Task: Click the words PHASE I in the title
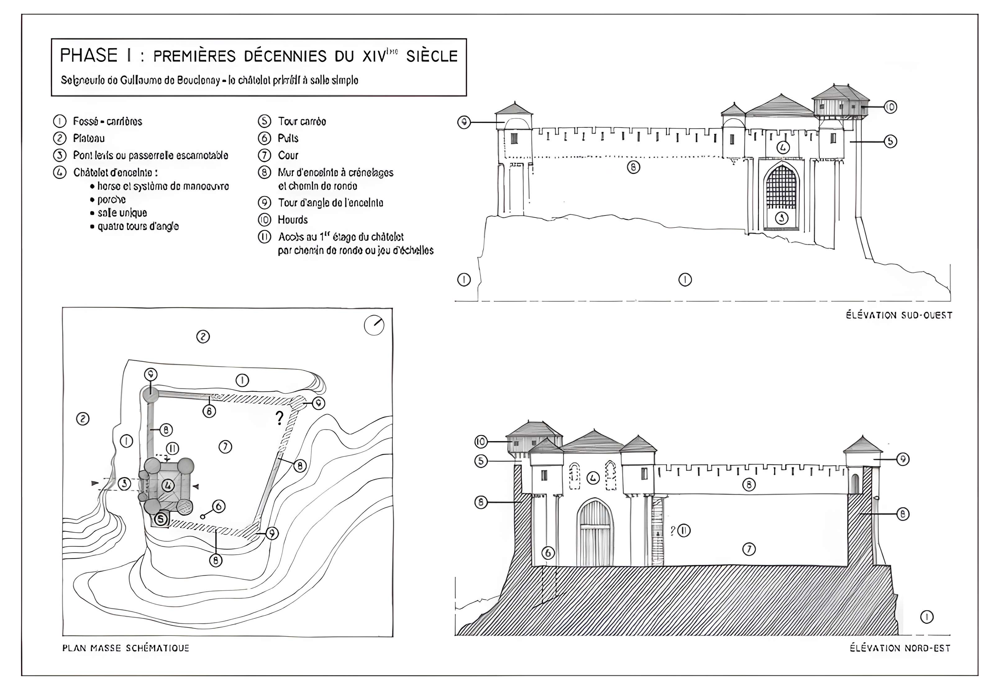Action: tap(95, 55)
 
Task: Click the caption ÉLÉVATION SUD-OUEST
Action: tap(899, 315)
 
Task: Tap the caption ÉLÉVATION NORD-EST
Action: tap(900, 648)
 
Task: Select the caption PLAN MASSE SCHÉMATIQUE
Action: tap(125, 648)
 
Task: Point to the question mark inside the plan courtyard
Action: tap(279, 418)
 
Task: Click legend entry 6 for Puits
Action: tap(288, 138)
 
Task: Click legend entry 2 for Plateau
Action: tap(89, 138)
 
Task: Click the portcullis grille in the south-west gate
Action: tap(781, 188)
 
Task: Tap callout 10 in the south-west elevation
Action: tap(890, 107)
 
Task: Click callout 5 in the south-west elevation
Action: tap(890, 141)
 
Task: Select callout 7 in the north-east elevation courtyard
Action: tap(749, 549)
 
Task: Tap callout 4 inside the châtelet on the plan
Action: tap(168, 485)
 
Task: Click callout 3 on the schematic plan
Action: tap(125, 483)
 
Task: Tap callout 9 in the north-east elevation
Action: tap(902, 459)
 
